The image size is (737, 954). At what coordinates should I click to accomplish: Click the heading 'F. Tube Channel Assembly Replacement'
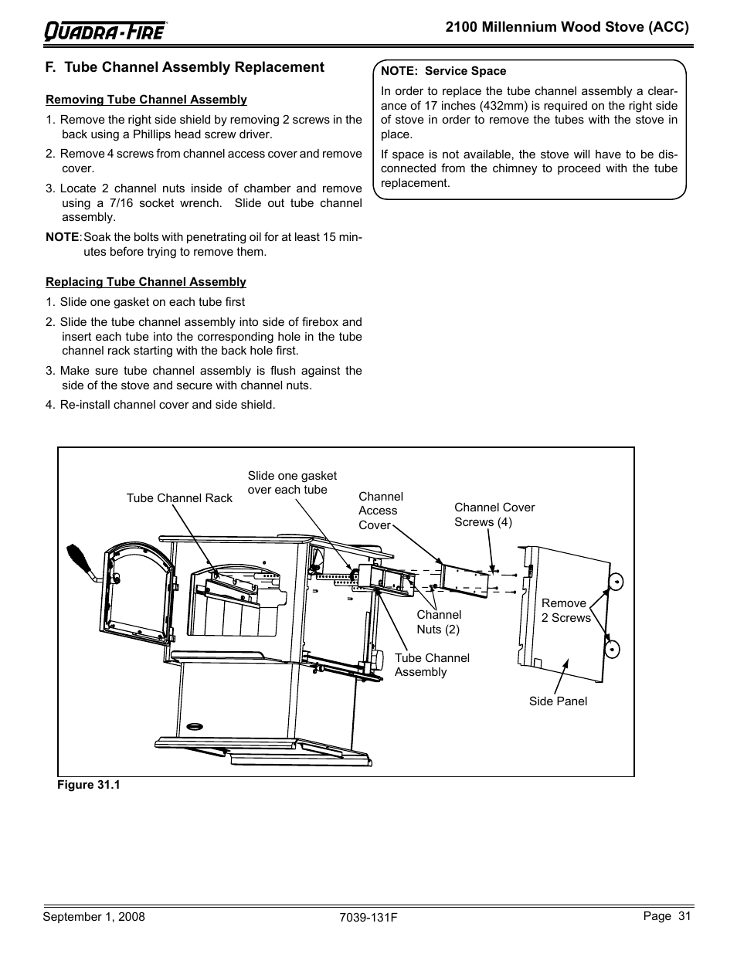pyautogui.click(x=185, y=67)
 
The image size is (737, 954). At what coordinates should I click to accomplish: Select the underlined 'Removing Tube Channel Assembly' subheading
pyautogui.click(x=146, y=100)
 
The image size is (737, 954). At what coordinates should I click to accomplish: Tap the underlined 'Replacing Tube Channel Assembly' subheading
pyautogui.click(x=146, y=282)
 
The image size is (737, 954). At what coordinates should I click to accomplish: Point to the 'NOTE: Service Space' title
pyautogui.click(x=443, y=71)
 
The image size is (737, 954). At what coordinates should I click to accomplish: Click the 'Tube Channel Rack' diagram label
pyautogui.click(x=179, y=498)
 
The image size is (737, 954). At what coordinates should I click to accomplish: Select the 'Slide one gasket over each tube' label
pyautogui.click(x=292, y=483)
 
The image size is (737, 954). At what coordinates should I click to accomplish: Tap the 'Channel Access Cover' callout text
pyautogui.click(x=380, y=511)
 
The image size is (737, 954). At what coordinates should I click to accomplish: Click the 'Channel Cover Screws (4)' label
pyautogui.click(x=494, y=514)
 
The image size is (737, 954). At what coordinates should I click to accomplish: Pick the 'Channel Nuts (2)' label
pyautogui.click(x=439, y=622)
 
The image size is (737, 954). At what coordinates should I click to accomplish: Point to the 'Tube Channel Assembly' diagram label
pyautogui.click(x=431, y=665)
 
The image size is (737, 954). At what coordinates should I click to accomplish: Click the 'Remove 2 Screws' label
pyautogui.click(x=565, y=610)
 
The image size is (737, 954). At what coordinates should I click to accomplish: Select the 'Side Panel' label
pyautogui.click(x=558, y=701)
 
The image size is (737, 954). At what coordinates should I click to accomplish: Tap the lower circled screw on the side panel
pyautogui.click(x=613, y=649)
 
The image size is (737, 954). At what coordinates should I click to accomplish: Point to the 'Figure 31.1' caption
pyautogui.click(x=90, y=785)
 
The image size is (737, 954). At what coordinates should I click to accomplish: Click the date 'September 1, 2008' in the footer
pyautogui.click(x=93, y=917)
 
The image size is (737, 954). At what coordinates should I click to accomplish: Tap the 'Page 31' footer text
pyautogui.click(x=666, y=916)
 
